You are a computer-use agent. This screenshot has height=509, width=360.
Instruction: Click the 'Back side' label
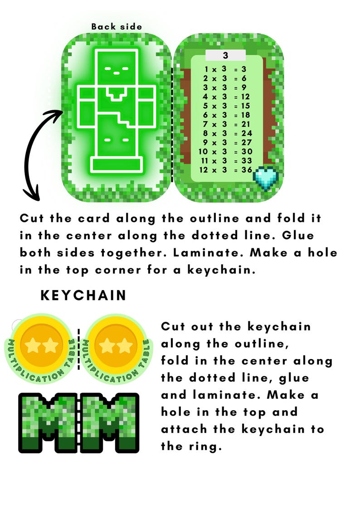pyautogui.click(x=117, y=27)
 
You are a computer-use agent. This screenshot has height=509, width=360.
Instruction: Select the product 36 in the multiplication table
pyautogui.click(x=246, y=169)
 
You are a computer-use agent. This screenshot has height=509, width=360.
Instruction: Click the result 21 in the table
pyautogui.click(x=246, y=124)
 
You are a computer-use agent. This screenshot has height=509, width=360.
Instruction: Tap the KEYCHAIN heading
pyautogui.click(x=83, y=296)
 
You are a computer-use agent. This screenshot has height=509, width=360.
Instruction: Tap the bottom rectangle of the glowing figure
pyautogui.click(x=117, y=164)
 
